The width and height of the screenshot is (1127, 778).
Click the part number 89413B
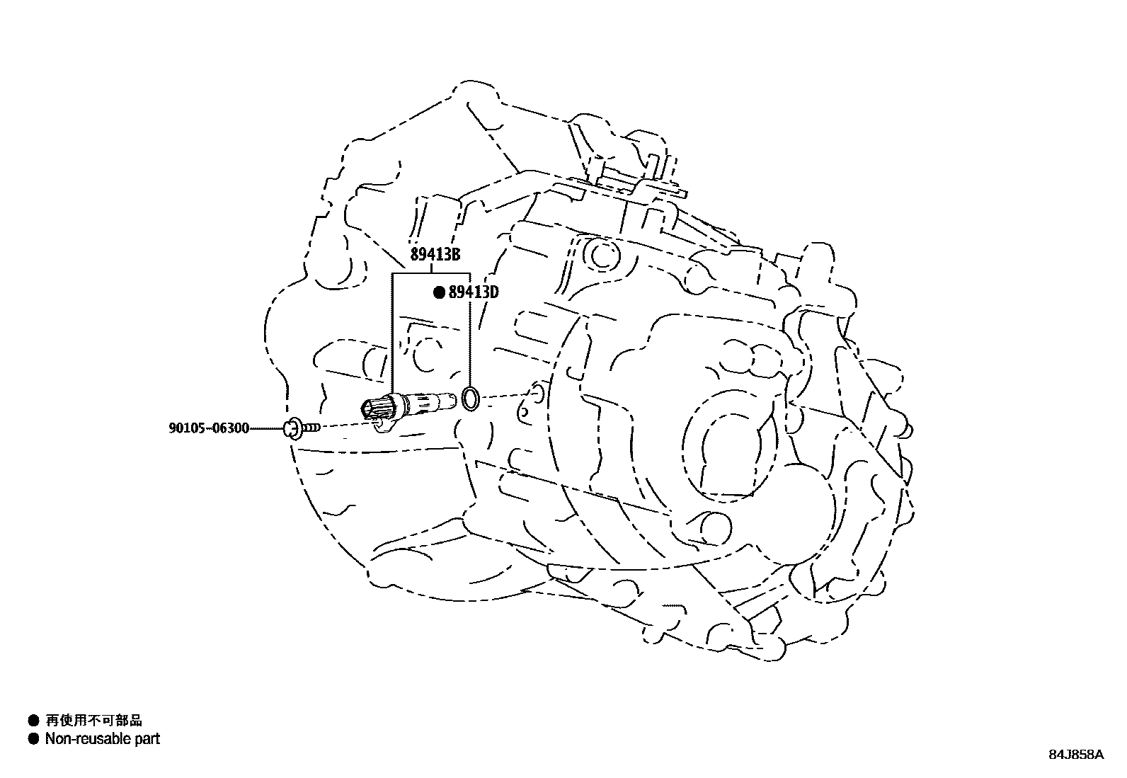click(x=435, y=256)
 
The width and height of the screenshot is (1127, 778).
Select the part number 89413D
click(x=474, y=292)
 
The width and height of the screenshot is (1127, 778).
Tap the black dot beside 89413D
click(x=439, y=292)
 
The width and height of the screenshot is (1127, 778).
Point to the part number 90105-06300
click(x=209, y=428)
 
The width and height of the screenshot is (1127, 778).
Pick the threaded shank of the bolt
click(x=311, y=427)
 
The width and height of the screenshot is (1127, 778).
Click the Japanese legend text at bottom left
click(x=94, y=720)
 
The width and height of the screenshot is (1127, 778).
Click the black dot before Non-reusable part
click(x=33, y=739)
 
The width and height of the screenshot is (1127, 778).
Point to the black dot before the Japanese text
click(x=33, y=721)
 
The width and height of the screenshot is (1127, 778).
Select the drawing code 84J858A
click(x=1076, y=755)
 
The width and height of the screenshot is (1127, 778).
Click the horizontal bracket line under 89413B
click(x=431, y=273)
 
